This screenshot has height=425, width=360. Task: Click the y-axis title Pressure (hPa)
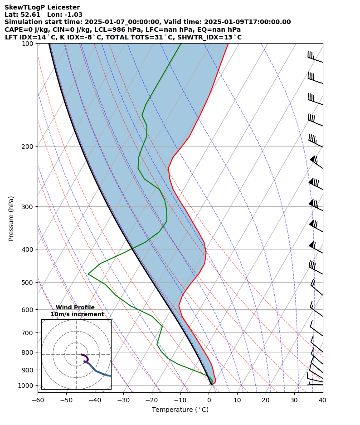(11, 218)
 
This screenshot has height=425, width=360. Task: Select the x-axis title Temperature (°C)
(180, 410)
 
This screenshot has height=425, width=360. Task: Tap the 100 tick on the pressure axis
(28, 43)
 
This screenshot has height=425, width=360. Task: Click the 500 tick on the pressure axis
(28, 282)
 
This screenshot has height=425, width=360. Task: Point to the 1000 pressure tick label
(26, 385)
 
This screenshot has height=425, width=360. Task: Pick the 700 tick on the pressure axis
(28, 332)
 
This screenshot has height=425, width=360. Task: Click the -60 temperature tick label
(38, 400)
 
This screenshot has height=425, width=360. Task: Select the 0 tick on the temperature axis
(209, 400)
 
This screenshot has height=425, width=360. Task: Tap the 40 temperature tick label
(322, 400)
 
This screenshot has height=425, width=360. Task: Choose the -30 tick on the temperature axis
(123, 400)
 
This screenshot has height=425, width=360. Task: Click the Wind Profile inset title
(75, 308)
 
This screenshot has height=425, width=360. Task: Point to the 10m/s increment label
(77, 314)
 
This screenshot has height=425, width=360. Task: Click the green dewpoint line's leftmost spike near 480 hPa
(88, 274)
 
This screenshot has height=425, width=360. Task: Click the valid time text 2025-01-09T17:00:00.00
(247, 22)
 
